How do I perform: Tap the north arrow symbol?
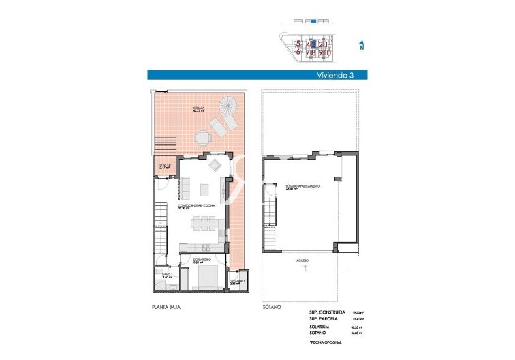click(x=361, y=46)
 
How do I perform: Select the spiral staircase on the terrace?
click(x=230, y=106)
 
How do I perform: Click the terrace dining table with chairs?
click(x=203, y=138)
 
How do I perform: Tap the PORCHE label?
click(x=164, y=164)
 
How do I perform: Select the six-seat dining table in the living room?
click(x=204, y=222)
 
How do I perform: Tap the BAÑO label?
click(x=166, y=275)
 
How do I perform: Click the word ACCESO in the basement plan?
click(x=302, y=260)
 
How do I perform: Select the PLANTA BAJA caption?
click(x=167, y=307)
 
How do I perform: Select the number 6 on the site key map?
click(x=298, y=52)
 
